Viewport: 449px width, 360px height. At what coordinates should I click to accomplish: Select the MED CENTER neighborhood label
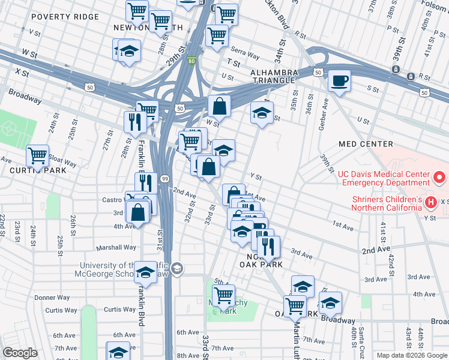(x=366, y=144)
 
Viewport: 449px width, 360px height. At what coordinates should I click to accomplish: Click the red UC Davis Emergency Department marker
(x=439, y=178)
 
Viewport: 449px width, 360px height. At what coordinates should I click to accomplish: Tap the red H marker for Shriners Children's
(x=430, y=203)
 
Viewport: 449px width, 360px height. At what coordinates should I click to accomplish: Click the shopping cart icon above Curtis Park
(x=37, y=155)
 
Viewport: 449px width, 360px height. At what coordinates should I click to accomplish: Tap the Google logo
(x=20, y=353)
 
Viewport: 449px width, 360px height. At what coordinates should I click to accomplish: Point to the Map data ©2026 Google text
(x=412, y=355)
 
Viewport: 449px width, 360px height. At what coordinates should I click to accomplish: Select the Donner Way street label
(x=52, y=298)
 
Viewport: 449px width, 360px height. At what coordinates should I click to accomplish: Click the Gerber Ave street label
(x=319, y=121)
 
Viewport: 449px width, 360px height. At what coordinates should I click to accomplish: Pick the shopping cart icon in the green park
(x=223, y=295)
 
